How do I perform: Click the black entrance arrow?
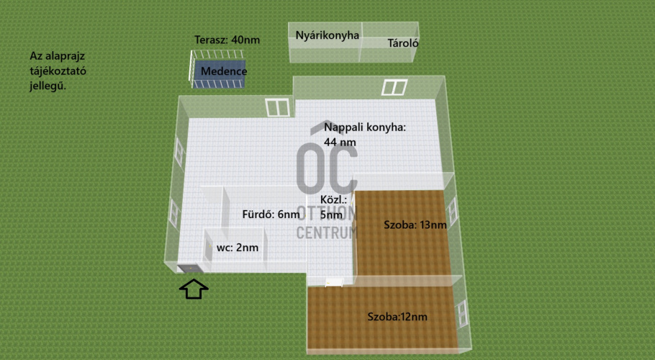(194, 289)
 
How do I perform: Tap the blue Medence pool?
(220, 74)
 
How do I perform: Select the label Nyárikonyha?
(327, 35)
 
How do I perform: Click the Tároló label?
(402, 42)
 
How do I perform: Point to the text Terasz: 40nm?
(227, 40)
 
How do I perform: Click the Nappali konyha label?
(365, 135)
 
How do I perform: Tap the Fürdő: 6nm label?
(271, 215)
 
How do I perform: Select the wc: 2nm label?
(238, 247)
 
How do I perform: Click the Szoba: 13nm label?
(415, 225)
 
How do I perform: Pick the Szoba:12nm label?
(397, 317)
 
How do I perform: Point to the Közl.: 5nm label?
(332, 207)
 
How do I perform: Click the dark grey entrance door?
(190, 269)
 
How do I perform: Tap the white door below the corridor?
(334, 282)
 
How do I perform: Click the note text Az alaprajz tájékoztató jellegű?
(58, 71)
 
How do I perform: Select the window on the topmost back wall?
(394, 87)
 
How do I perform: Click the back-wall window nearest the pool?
(278, 107)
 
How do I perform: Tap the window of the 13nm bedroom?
(453, 212)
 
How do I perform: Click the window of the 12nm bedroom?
(462, 313)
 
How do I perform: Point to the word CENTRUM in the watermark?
(327, 233)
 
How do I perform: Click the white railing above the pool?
(217, 54)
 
